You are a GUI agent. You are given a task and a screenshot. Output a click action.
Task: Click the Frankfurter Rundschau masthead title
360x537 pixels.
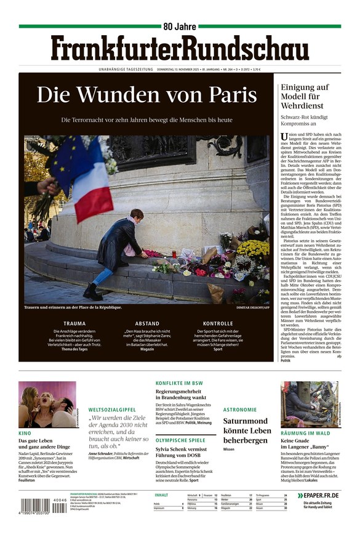coord(180,47)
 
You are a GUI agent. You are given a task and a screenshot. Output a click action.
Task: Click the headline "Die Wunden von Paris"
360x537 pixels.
coord(146,95)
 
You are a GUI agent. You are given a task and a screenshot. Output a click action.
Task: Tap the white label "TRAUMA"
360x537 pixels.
coord(74,323)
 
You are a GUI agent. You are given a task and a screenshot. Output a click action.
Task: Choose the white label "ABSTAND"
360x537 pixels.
coord(146,323)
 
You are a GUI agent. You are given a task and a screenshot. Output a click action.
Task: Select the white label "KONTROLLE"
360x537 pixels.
coord(218,323)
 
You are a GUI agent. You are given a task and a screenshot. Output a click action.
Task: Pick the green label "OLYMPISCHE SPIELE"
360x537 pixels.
coord(180,440)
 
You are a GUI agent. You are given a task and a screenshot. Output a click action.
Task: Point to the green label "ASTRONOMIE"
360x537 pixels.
coord(240,409)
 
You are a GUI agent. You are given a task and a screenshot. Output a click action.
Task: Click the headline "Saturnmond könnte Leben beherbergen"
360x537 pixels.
coord(247,430)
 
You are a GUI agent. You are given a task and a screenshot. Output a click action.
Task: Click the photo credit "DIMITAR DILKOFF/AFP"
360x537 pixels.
coord(252,307)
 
